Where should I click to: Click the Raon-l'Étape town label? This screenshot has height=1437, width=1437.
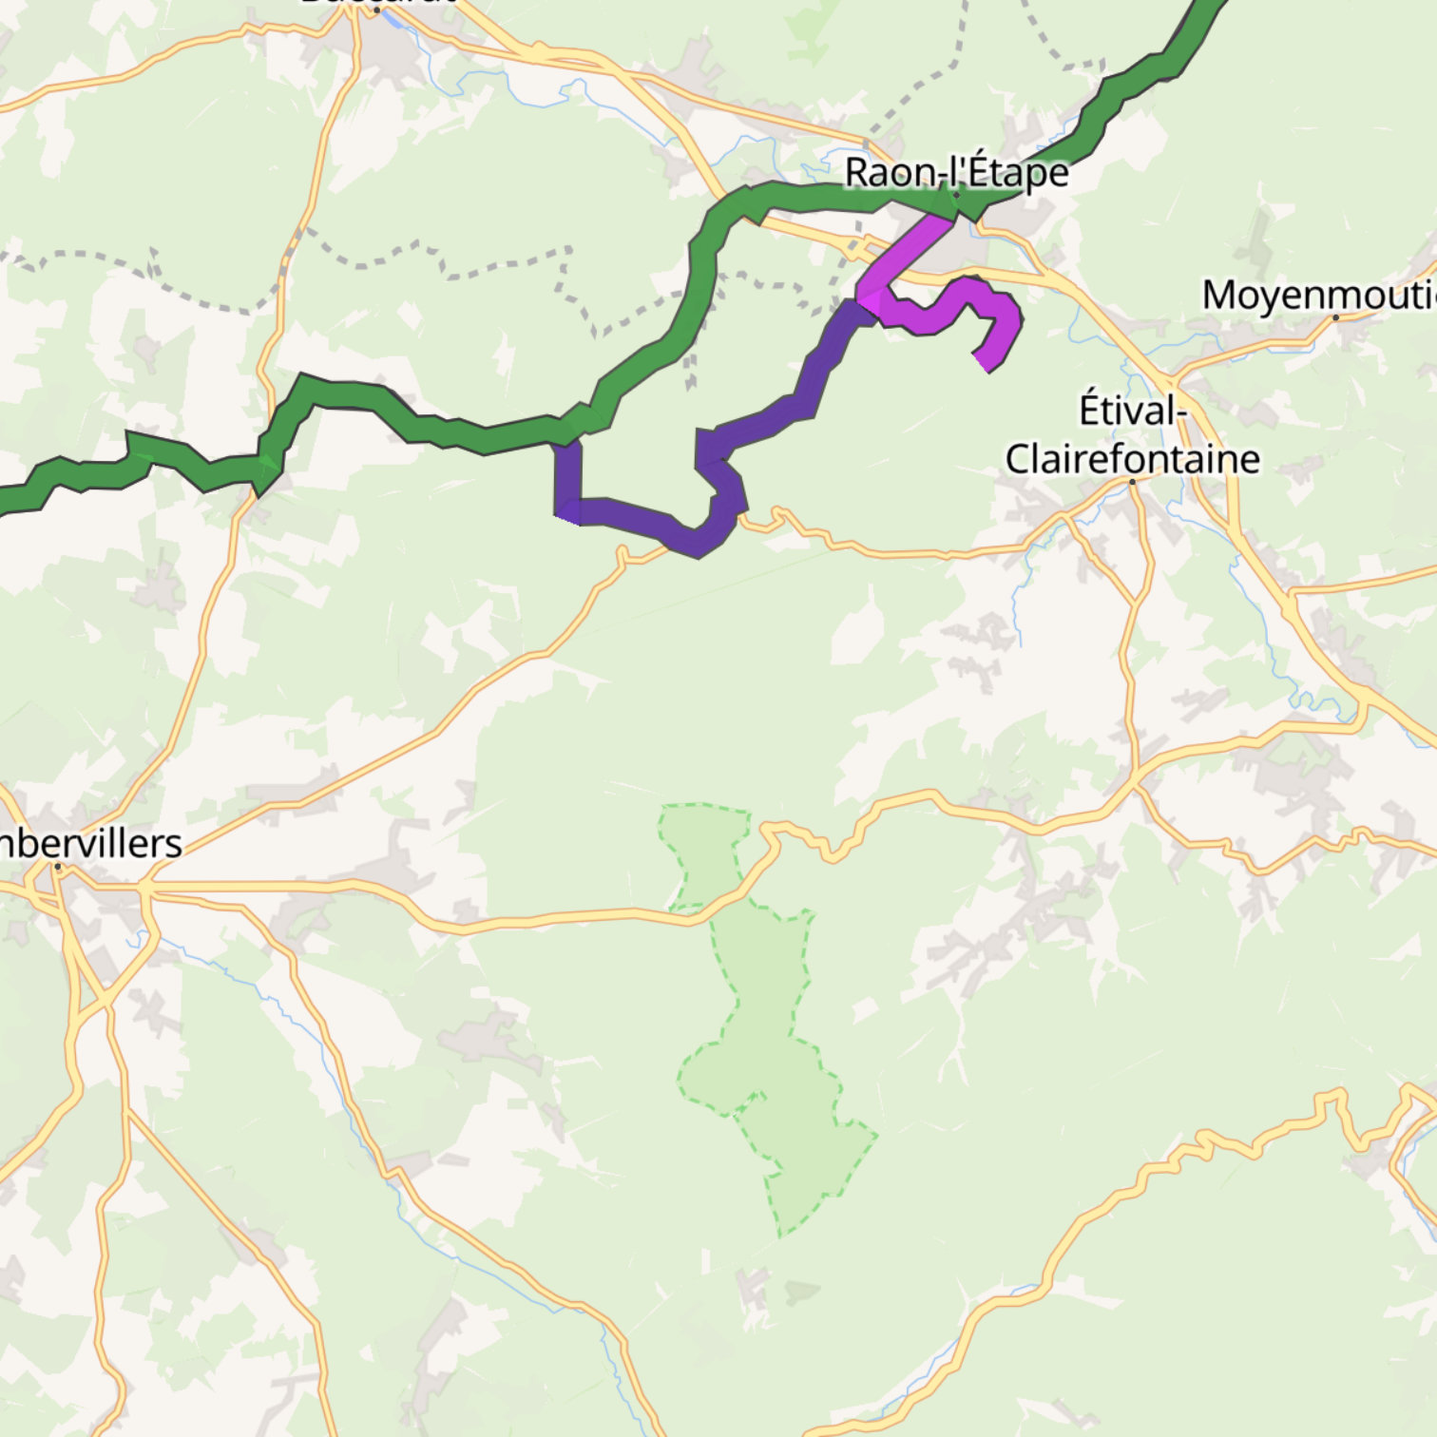pyautogui.click(x=956, y=173)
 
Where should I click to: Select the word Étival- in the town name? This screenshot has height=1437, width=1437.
pyautogui.click(x=1133, y=411)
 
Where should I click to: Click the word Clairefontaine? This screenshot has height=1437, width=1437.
pyautogui.click(x=1133, y=460)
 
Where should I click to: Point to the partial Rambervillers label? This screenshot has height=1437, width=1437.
pyautogui.click(x=90, y=844)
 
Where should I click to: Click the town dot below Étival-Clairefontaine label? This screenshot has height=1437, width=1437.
pyautogui.click(x=1132, y=482)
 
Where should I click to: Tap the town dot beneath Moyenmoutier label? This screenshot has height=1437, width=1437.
pyautogui.click(x=1335, y=317)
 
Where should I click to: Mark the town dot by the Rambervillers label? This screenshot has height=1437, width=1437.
pyautogui.click(x=58, y=867)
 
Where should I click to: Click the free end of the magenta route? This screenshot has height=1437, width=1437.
pyautogui.click(x=984, y=364)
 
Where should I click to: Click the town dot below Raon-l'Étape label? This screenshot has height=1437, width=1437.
pyautogui.click(x=956, y=196)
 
